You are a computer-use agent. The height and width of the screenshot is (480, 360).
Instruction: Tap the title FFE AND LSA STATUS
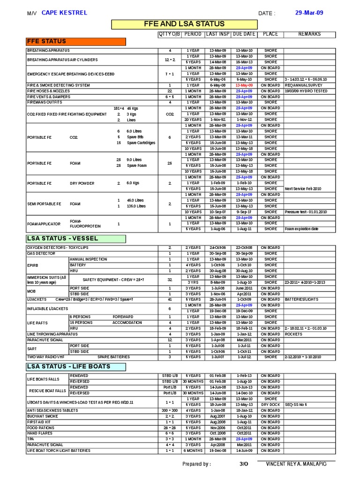click(x=184, y=24)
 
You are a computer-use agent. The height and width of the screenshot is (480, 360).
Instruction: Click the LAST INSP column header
click(x=217, y=34)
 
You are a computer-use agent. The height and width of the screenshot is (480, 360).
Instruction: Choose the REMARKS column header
click(x=309, y=34)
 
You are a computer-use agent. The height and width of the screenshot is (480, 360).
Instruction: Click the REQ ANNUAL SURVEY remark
click(x=303, y=85)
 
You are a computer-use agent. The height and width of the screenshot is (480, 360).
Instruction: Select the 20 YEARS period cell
click(x=193, y=120)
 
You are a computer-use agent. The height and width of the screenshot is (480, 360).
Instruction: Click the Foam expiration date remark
click(x=301, y=229)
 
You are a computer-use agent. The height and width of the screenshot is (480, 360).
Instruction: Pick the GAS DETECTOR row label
click(x=41, y=253)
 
